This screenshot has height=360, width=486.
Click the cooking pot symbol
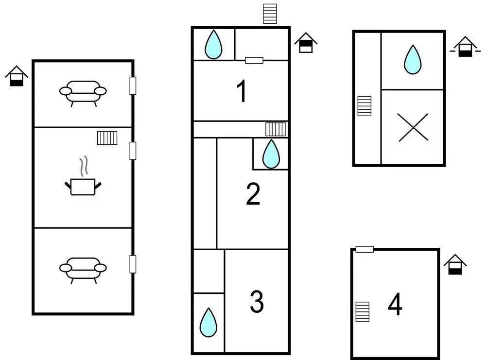[x=83, y=180]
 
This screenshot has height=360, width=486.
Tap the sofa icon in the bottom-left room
[x=83, y=270]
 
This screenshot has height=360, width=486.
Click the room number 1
[x=242, y=91]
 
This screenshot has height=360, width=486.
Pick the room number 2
[x=253, y=194]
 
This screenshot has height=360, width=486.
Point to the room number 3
[x=257, y=301]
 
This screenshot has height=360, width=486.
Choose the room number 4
[x=395, y=304]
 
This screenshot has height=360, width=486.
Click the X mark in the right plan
[x=413, y=127]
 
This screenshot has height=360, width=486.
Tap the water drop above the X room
[x=413, y=59]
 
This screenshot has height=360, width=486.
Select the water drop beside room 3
[x=208, y=322]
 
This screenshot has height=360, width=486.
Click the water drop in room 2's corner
[x=271, y=154]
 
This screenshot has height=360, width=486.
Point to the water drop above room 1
[x=213, y=44]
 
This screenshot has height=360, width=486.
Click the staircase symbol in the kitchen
[x=107, y=138]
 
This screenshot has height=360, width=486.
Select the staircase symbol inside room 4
[x=363, y=312]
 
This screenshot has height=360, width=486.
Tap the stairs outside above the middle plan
[x=270, y=14]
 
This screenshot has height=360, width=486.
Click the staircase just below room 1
[x=276, y=129]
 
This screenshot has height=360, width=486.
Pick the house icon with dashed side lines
[x=465, y=47]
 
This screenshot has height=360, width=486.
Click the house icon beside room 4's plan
[x=455, y=264]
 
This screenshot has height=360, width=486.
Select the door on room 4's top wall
[x=364, y=249]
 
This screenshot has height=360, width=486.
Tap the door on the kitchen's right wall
[x=133, y=151]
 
